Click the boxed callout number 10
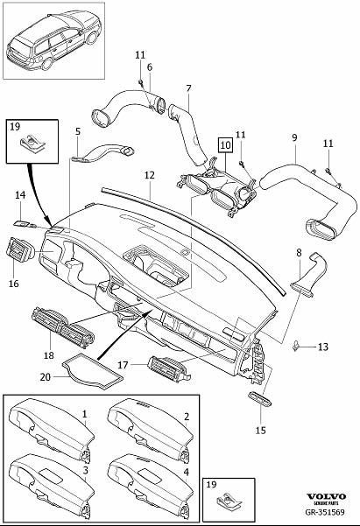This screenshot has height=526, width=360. coord(226,145)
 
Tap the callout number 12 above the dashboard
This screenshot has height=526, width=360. coord(150,175)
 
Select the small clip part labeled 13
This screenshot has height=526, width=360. coord(297,346)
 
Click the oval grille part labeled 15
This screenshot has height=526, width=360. coord(260,399)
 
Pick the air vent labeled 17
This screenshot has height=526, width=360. coord(168,368)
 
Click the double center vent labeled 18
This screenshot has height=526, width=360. coord(63,327)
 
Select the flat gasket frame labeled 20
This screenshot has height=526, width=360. coord(92,371)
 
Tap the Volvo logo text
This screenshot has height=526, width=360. coord(326,496)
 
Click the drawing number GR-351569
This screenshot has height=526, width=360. coord(324,512)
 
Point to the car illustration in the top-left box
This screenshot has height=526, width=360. coord(53,40)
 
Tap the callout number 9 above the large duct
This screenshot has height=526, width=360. coord(294,138)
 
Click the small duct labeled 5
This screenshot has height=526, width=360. coord(102,153)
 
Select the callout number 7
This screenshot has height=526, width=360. coord(188,88)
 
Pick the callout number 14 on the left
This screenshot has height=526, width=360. coord(20,195)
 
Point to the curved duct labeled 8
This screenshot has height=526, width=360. coord(307,275)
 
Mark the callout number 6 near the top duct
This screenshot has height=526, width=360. coord(150,67)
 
